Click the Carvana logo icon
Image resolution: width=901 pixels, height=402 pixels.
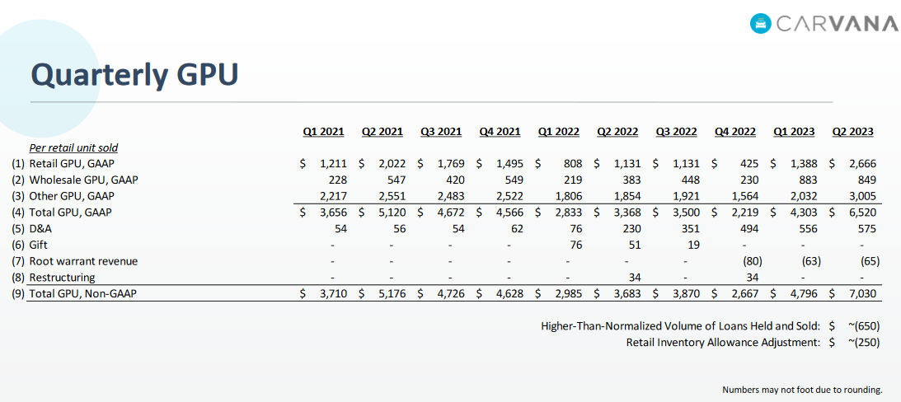pos(761,23)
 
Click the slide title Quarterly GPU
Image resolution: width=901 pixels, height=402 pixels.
pos(134,74)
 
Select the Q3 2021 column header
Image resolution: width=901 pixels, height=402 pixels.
pos(441,131)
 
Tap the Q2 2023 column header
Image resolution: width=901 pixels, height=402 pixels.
pos(852,131)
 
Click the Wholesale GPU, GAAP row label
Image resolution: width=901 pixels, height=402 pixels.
pos(77,180)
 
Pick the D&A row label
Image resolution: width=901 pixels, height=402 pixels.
pos(41,228)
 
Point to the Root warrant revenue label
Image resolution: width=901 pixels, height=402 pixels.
pos(83,260)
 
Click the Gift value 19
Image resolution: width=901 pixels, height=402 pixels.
pos(691,245)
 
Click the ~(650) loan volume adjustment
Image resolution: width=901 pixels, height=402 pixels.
pos(862,325)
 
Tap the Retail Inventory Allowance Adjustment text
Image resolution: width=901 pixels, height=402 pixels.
pos(723,342)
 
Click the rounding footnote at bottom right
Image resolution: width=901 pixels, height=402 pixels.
pos(802,389)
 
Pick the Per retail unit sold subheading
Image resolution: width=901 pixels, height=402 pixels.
pos(73,148)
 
